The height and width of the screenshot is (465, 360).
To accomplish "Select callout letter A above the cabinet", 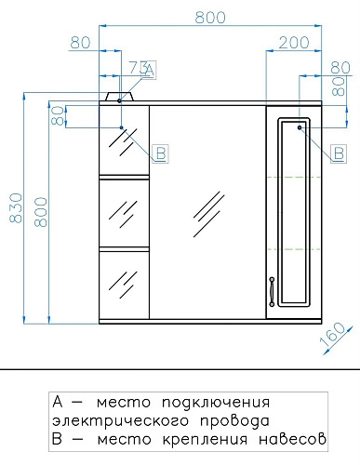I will point(151,68).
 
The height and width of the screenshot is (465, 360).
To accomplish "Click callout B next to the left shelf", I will point(160,153).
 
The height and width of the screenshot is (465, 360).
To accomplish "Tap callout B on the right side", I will point(339,151).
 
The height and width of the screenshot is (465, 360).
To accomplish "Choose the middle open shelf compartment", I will point(124,213).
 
